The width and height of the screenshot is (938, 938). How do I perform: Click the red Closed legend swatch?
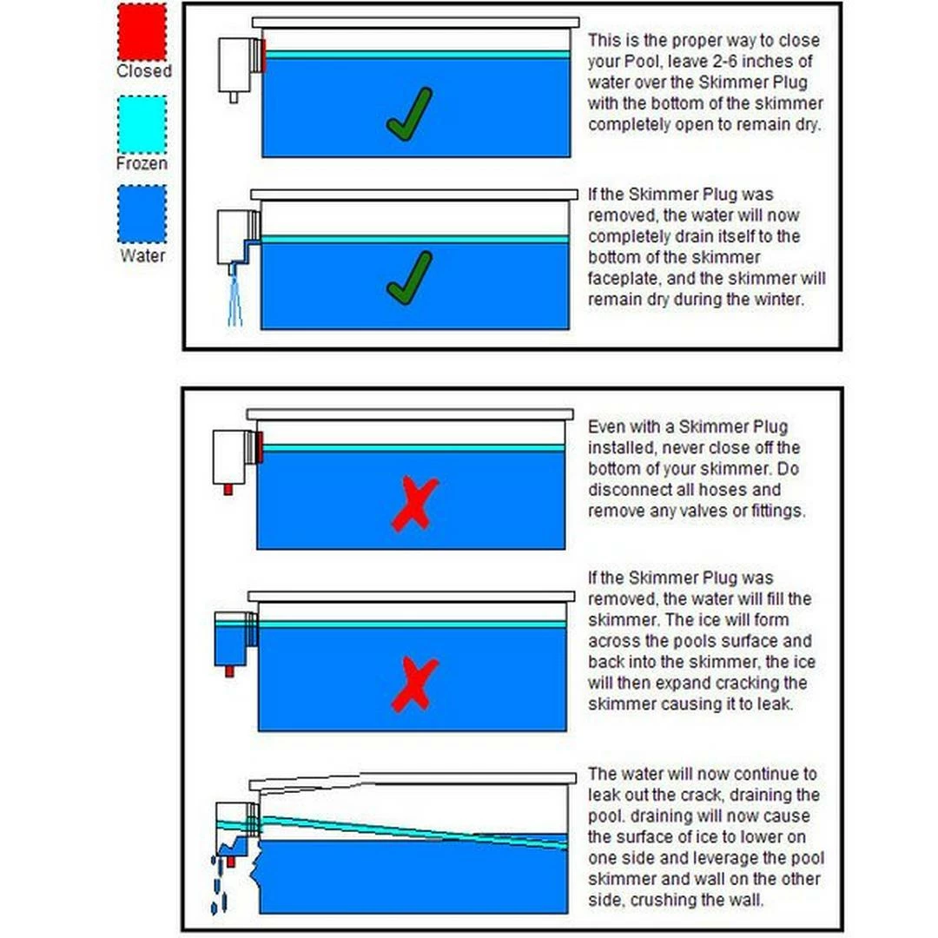[x=142, y=32]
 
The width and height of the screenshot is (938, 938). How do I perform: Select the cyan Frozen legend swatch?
[x=142, y=124]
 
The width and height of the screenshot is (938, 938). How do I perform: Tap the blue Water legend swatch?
[x=142, y=215]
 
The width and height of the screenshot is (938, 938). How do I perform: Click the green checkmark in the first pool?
[x=409, y=115]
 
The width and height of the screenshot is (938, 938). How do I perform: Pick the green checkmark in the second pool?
[x=409, y=278]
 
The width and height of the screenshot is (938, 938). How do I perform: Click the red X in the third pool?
[x=414, y=504]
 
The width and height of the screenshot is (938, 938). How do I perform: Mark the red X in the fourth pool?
[x=414, y=684]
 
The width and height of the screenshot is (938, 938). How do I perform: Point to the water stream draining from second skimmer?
[x=234, y=300]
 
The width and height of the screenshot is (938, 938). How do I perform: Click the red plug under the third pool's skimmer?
[x=228, y=489]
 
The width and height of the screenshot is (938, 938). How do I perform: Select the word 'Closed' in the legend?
[x=144, y=71]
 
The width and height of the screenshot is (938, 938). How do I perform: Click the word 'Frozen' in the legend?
[x=142, y=163]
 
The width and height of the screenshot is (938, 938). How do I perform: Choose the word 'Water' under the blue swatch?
[x=142, y=255]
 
